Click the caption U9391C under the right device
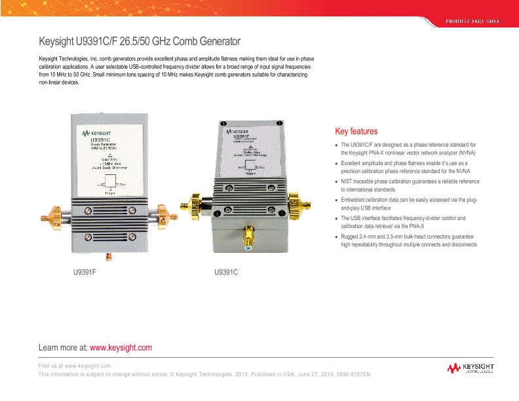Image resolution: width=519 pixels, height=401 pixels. [x=226, y=271]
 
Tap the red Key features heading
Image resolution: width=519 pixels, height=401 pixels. [x=356, y=131]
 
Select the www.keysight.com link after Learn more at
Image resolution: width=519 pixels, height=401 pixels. [x=120, y=347]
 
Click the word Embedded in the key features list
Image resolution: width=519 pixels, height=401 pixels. [x=356, y=199]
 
